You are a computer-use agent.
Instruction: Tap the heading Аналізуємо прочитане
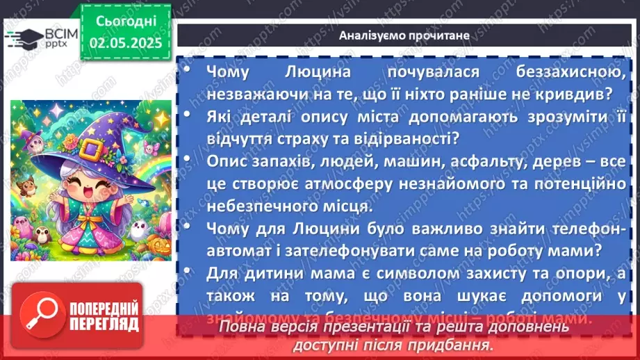coord(404,35)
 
